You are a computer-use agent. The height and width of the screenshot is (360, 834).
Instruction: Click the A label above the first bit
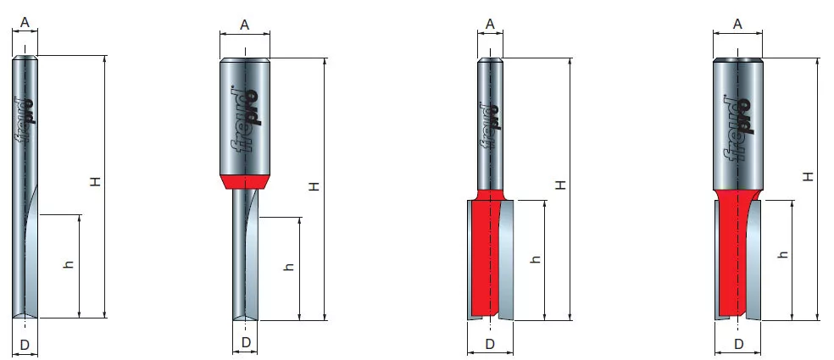tap(25, 22)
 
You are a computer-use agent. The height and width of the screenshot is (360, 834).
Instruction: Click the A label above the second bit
tap(245, 25)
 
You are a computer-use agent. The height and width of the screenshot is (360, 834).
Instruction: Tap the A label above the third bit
tap(490, 24)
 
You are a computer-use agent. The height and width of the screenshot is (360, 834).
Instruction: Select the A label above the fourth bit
tap(737, 24)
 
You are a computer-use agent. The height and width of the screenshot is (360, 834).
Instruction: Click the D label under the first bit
tap(25, 346)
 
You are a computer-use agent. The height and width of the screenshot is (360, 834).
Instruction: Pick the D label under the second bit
tap(245, 343)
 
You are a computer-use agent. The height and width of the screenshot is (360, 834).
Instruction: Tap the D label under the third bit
tap(490, 344)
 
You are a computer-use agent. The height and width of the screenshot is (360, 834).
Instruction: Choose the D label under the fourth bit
tap(738, 345)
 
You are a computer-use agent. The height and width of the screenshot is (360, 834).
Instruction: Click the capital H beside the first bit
tap(95, 182)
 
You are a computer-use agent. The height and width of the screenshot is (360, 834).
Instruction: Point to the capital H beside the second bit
tap(315, 186)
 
